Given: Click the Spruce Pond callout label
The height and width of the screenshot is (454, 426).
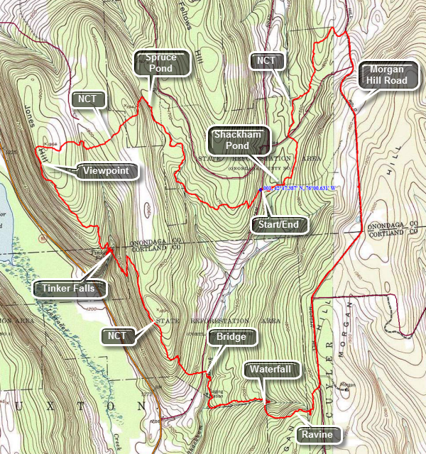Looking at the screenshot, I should coord(164,64).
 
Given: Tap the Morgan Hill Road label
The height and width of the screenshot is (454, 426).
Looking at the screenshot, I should coord(386,74).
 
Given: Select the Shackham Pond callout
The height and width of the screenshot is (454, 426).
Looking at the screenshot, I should coord(238,139).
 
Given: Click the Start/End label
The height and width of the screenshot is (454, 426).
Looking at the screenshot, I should coord(280,226).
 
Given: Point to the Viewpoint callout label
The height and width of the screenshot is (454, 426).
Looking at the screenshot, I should coord(106,171).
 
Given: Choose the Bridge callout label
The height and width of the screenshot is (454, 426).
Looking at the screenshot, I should coord(231,337).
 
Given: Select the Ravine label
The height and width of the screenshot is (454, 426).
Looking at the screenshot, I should coord(316,434).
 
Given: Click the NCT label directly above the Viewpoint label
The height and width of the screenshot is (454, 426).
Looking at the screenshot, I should coord(88,99).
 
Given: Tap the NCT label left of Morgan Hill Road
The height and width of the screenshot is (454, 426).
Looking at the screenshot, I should coord(266,61).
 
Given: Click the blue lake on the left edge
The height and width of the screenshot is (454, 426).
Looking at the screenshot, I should coord(3,213).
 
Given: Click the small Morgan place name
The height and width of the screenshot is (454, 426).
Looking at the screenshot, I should coord(347,385).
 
